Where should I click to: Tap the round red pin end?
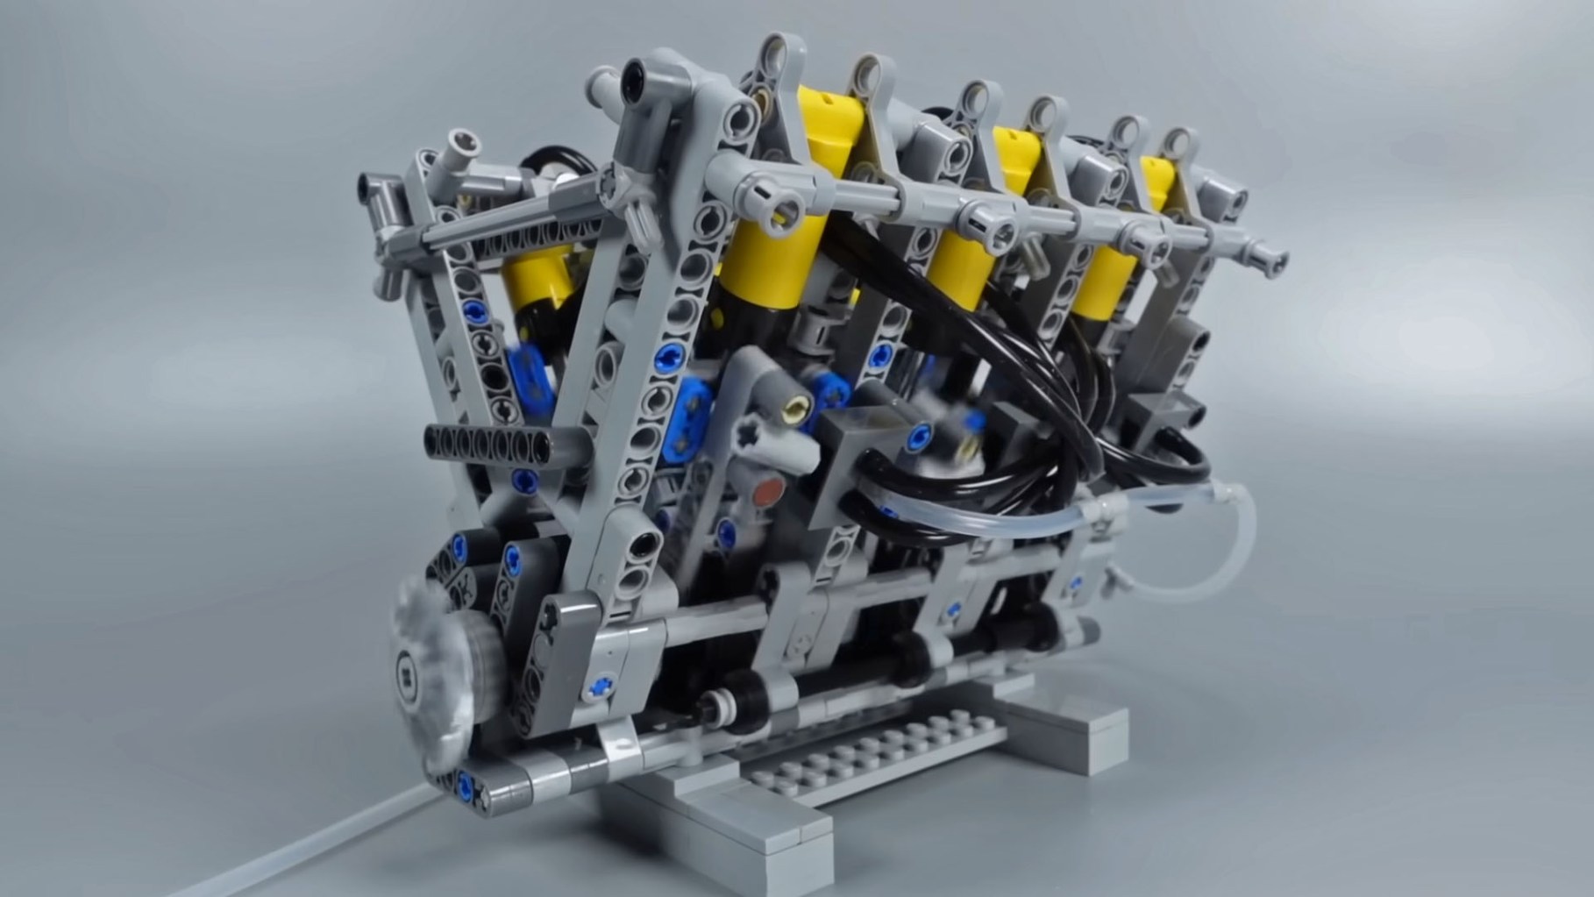pos(770,486)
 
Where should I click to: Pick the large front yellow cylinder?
pos(770,263)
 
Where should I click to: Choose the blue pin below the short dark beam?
pos(524,479)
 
